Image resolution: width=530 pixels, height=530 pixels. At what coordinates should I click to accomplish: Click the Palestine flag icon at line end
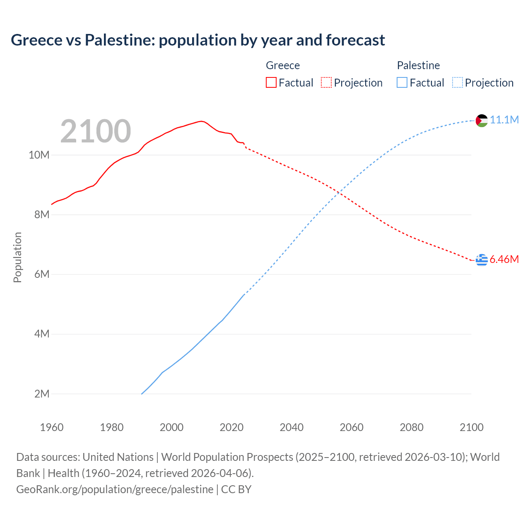(482, 120)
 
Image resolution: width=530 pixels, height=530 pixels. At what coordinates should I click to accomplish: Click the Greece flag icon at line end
(482, 260)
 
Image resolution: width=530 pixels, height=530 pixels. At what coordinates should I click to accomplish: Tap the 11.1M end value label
(504, 120)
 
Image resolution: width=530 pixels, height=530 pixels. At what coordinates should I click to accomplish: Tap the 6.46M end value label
(504, 259)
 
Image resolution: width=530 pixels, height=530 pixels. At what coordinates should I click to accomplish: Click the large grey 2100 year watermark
(96, 131)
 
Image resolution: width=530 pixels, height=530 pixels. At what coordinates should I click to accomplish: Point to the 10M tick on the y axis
(39, 155)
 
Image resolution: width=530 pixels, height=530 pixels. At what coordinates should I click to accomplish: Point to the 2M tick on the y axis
(42, 394)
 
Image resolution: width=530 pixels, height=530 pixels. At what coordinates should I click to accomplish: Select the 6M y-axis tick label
(42, 274)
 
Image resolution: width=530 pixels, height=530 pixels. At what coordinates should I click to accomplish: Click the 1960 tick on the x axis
(52, 427)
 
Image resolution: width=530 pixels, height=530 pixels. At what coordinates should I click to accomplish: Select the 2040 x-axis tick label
(291, 427)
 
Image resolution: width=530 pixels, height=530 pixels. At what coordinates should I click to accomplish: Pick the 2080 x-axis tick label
(412, 427)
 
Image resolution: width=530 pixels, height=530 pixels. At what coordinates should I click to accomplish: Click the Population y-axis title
(17, 257)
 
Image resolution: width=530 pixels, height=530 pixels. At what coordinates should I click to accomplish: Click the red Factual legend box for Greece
(271, 82)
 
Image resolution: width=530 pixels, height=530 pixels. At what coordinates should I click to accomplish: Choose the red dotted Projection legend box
(326, 82)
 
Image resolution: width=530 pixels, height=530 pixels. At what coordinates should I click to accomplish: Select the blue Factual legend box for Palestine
(402, 82)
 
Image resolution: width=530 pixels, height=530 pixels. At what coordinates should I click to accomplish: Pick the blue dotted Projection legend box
(457, 82)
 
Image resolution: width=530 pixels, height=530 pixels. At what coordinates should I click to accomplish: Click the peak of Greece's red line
(201, 121)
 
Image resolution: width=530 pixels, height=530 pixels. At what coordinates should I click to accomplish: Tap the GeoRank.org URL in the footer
(115, 489)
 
